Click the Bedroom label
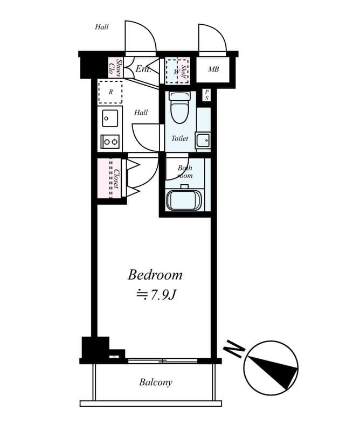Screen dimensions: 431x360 pos(155,275)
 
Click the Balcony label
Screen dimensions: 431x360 pos(155,383)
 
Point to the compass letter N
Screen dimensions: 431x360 pos(234,350)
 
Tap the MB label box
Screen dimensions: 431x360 pos(213,69)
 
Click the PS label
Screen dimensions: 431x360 pos(206,95)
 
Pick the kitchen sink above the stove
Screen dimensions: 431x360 pos(110,117)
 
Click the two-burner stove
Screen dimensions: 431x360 pos(110,142)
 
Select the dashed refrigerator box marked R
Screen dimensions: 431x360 pos(110,92)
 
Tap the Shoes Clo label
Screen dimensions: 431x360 pos(115,67)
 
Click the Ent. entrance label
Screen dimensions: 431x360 pos(142,69)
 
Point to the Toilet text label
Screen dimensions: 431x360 pos(179,138)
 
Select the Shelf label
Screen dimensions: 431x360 pos(184,71)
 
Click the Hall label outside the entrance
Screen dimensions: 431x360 pos(102,27)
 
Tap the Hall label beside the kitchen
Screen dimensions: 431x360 pos(141,113)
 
